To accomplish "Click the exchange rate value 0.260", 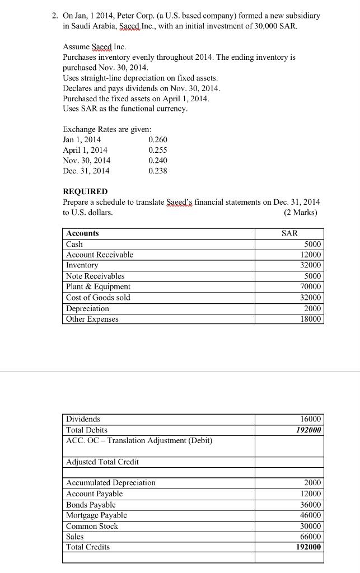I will coord(158,139).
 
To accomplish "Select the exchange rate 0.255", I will coord(158,150).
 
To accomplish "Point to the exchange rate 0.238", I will coord(158,171).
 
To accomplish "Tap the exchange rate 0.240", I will coord(158,160).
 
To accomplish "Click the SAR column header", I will coord(289,233).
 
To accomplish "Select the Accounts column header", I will coord(82,233).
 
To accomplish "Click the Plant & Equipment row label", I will coord(98,286).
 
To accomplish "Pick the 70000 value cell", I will coord(311,286).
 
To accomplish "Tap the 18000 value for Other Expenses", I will coord(311,319).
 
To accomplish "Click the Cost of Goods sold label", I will coord(98,298).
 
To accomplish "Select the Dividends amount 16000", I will coord(311,419).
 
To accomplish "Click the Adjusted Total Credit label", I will coord(102,462).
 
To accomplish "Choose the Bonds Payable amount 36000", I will coord(311,505).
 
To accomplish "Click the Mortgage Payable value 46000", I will coord(311,515).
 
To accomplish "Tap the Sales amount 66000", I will coord(311,537).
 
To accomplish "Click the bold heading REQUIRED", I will coord(85,191).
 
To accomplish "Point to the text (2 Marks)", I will coord(300,213).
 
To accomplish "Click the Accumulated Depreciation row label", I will coord(111,483).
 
